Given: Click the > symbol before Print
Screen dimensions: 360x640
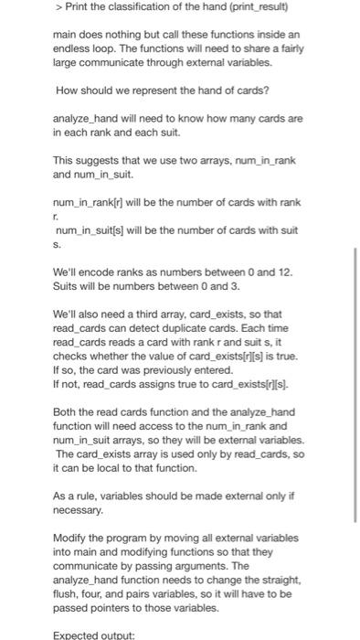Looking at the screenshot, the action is [x=58, y=8].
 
